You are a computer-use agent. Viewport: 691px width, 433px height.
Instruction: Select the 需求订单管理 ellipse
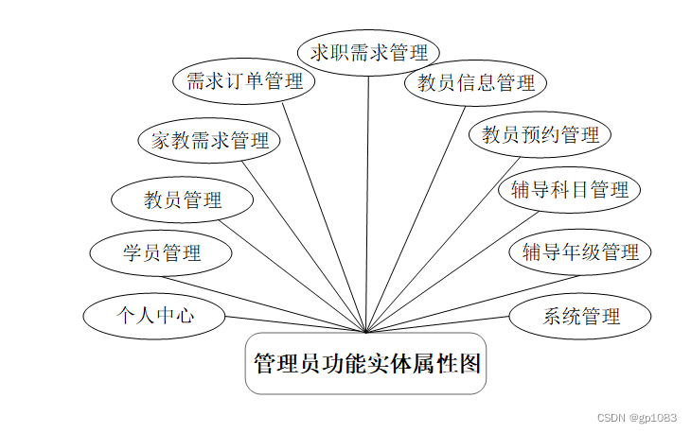(244, 81)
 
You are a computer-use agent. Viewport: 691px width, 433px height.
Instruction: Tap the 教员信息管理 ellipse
(476, 82)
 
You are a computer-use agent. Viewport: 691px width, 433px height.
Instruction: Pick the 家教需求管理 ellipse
(210, 141)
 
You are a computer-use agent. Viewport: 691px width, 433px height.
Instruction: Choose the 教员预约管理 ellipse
(540, 134)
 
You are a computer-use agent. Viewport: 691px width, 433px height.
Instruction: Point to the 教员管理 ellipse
(183, 199)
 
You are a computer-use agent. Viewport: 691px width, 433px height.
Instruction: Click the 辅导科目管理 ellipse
(570, 190)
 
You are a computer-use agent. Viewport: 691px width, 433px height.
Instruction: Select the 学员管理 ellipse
(161, 252)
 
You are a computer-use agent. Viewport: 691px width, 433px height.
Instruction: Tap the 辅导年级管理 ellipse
(580, 252)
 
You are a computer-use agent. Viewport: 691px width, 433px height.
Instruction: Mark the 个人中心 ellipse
(154, 315)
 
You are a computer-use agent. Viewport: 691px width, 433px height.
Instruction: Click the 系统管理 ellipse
(580, 316)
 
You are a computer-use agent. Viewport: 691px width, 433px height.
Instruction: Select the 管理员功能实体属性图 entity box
(366, 363)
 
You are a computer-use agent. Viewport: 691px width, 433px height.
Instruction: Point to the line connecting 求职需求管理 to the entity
(368, 189)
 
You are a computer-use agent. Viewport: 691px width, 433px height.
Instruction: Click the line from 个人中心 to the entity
(293, 323)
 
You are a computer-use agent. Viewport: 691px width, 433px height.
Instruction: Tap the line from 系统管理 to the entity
(437, 323)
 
